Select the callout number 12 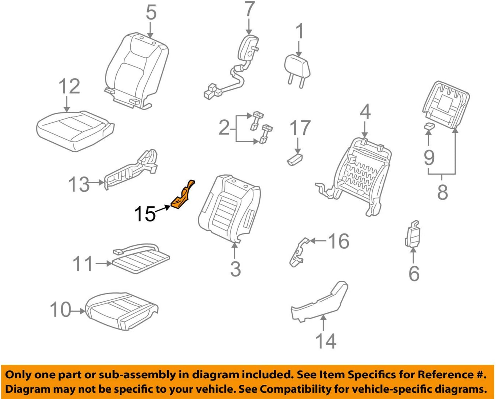(x=69, y=87)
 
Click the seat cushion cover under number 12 (x=75, y=130)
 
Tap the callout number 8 (x=442, y=192)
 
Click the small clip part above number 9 (x=429, y=126)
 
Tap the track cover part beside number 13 (x=131, y=169)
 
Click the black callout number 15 (x=145, y=214)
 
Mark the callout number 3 (x=236, y=269)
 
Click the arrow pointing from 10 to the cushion (x=77, y=311)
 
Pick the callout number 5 (x=151, y=13)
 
